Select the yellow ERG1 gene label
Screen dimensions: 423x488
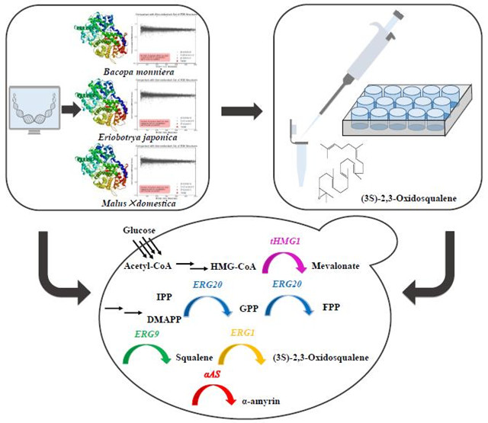pyautogui.click(x=242, y=333)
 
